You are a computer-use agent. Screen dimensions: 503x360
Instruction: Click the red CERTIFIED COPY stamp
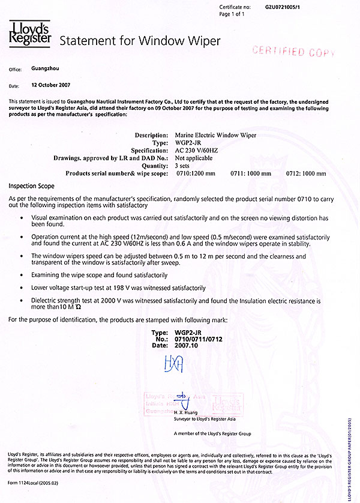293,52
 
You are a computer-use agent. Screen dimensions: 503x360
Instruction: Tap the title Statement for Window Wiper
140,41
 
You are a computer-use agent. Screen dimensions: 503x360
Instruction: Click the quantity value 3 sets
185,166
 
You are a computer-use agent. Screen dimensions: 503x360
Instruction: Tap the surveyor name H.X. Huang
185,413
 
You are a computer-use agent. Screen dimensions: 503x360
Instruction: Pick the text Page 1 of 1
232,14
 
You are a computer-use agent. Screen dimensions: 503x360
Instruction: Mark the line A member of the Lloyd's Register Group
211,433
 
